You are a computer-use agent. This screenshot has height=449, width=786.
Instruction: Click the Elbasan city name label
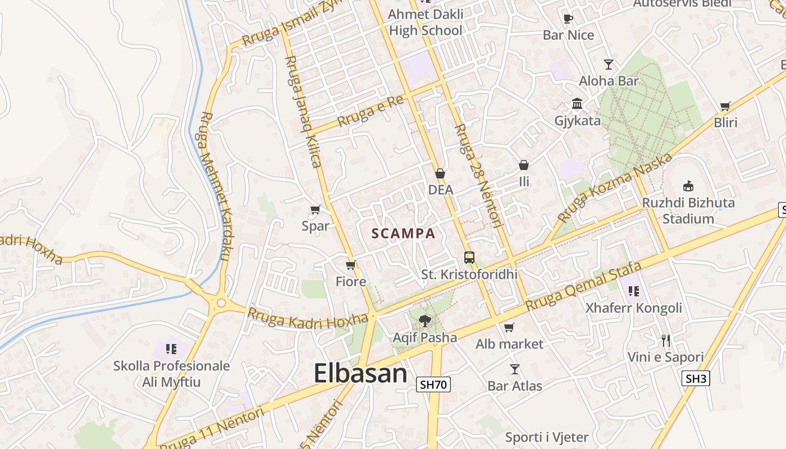pos(360,373)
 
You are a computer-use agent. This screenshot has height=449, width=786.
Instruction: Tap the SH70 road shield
pos(433,384)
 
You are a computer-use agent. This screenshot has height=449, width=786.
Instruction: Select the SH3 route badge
pos(696,378)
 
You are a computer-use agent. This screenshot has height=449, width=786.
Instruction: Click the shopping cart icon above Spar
pos(315,210)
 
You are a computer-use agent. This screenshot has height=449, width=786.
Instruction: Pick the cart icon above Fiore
pos(351,265)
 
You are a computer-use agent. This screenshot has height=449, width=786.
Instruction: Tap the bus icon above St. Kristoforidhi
pos(469,258)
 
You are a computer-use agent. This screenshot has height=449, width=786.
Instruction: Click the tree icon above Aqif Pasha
pos(424,321)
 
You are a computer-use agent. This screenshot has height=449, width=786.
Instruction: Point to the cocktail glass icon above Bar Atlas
pos(514,369)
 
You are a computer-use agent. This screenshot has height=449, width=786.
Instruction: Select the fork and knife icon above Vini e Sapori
pos(665,340)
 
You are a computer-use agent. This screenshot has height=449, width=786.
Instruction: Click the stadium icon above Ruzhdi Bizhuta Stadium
pos(688,186)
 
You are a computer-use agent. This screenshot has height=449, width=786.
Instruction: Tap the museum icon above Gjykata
pos(577,104)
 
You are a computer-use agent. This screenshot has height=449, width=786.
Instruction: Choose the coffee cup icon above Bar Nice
pos(568,19)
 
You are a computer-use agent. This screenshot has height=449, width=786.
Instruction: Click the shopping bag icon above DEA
pos(440,173)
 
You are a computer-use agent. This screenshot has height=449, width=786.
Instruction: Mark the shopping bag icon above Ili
pos(524,165)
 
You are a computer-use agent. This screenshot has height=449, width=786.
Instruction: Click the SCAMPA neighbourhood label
pos(403,233)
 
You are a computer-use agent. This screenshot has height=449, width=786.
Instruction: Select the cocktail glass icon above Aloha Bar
pos(609,64)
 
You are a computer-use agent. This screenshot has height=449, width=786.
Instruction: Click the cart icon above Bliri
pos(725,106)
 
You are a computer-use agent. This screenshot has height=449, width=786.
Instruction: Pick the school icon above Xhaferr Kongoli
pos(634,291)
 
